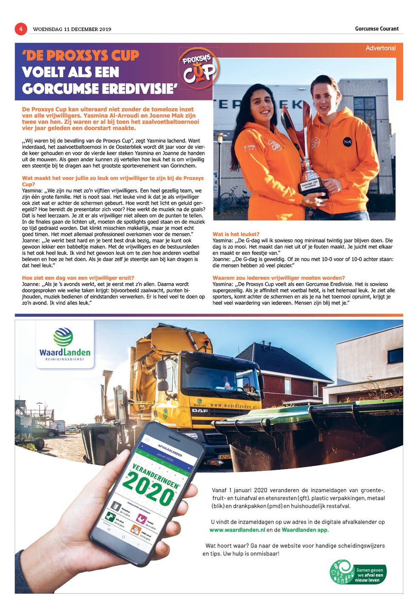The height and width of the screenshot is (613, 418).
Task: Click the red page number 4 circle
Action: click(x=21, y=29)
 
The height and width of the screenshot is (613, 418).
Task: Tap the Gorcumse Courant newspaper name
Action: click(x=377, y=29)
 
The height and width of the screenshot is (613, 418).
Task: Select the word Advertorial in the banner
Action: click(x=380, y=48)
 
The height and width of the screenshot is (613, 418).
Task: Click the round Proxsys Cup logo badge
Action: click(x=199, y=69)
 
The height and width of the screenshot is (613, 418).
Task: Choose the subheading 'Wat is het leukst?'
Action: click(x=236, y=234)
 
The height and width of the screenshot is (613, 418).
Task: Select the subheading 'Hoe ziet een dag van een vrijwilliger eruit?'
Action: click(x=78, y=278)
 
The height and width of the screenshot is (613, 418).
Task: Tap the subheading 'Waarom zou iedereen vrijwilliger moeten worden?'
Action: click(x=279, y=278)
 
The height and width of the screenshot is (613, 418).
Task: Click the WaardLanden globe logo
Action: click(x=63, y=337)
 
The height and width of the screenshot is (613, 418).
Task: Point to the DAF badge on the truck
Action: click(x=200, y=410)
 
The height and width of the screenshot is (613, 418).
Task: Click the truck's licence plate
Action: click(x=225, y=456)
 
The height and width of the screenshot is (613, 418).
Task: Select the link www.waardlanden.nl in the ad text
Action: click(x=237, y=530)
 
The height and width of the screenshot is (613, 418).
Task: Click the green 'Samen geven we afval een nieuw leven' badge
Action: click(x=358, y=572)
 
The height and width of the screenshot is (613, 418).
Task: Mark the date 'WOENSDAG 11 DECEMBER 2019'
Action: click(x=72, y=29)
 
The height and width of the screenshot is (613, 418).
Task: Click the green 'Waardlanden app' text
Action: click(x=304, y=530)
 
